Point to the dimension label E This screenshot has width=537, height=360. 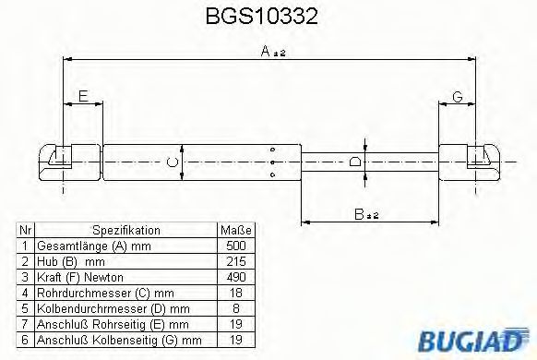point(83,96)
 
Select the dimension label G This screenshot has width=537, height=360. point(458,96)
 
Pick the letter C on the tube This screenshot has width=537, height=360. point(170,162)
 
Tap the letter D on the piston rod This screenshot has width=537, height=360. point(356,163)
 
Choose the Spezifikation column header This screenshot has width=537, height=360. point(126,231)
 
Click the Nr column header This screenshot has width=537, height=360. point(26,231)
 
